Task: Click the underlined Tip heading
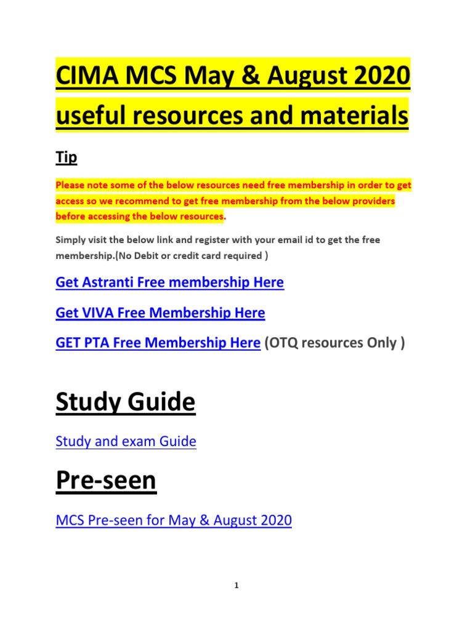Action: [x=66, y=157]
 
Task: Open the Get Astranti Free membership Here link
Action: [x=169, y=283]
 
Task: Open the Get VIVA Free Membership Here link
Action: [x=160, y=313]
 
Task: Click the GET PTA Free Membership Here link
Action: [x=158, y=343]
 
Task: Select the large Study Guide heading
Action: [x=126, y=402]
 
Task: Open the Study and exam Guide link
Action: [x=126, y=441]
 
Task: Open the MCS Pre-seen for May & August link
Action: [x=173, y=520]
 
